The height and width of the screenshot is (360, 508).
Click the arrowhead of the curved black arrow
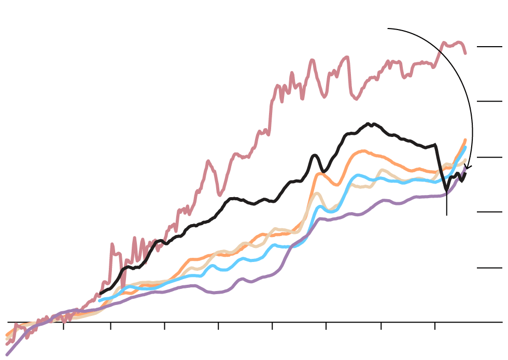coord(467,167)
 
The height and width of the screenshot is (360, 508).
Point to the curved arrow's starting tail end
coord(388,29)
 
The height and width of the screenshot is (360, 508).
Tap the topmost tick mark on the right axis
coord(489,47)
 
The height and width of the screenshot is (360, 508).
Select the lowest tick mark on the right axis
coord(489,268)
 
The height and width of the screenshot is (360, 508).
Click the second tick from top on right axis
coord(489,101)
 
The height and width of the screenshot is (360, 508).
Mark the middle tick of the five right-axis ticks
coord(489,157)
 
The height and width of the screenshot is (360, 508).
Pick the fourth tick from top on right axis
coord(489,212)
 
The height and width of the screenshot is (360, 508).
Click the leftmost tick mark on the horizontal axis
coord(63,325)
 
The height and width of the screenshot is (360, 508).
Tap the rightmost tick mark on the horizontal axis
coord(434,325)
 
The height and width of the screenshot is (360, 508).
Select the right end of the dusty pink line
coord(465,52)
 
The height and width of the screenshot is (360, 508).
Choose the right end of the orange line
coord(465,140)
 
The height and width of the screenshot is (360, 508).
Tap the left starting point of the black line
coord(101,293)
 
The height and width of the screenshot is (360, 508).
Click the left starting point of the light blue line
coord(100,300)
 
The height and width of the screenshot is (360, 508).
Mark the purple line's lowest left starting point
coord(7,355)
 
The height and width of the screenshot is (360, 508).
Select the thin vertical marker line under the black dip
coord(447,205)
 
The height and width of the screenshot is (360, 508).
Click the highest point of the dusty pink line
coord(444,43)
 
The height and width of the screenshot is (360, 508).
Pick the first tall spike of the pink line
coord(112,244)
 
